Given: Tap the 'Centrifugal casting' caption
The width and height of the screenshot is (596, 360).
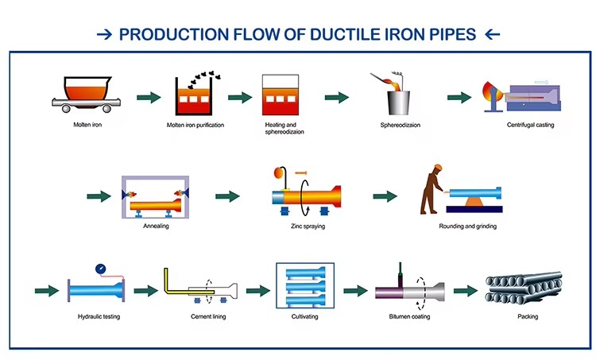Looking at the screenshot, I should pyautogui.click(x=530, y=125).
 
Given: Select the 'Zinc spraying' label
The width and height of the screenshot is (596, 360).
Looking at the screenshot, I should pyautogui.click(x=308, y=226).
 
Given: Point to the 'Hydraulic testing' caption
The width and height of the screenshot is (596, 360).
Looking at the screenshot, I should pyautogui.click(x=97, y=316).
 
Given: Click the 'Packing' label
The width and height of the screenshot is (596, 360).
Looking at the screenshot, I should pyautogui.click(x=526, y=316).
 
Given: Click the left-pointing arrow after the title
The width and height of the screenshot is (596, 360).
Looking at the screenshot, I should pyautogui.click(x=492, y=35).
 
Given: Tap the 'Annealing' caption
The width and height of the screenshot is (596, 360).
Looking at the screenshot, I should pyautogui.click(x=156, y=226).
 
